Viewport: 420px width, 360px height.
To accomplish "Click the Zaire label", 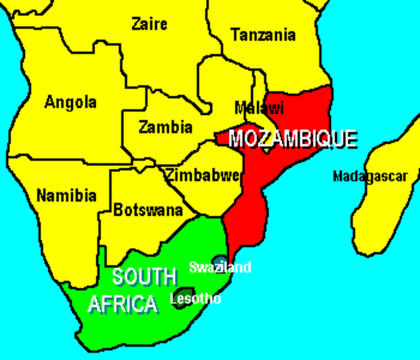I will click(x=149, y=24).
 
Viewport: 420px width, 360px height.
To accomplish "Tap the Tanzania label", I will click(x=263, y=34).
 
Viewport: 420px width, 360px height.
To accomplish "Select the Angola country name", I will click(x=70, y=102).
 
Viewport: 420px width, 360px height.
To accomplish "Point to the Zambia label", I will click(x=166, y=127).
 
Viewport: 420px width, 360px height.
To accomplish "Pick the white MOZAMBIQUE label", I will click(x=292, y=139).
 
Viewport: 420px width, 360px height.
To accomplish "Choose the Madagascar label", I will click(x=370, y=177).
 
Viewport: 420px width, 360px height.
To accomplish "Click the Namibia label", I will click(x=66, y=196).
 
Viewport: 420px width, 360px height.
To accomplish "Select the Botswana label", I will click(x=148, y=211).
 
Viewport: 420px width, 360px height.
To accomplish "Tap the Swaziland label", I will click(x=220, y=267).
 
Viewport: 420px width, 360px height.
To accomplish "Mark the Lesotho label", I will click(x=196, y=298).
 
